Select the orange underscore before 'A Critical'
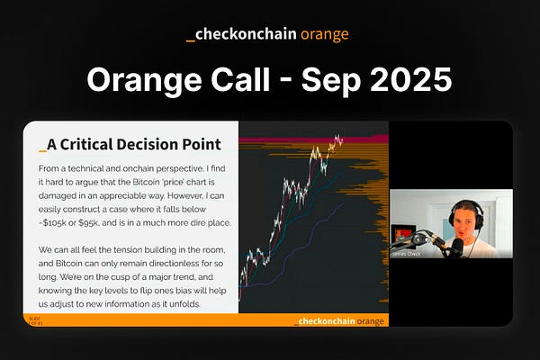(x=41, y=147)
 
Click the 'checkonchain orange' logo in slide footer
(x=339, y=321)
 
